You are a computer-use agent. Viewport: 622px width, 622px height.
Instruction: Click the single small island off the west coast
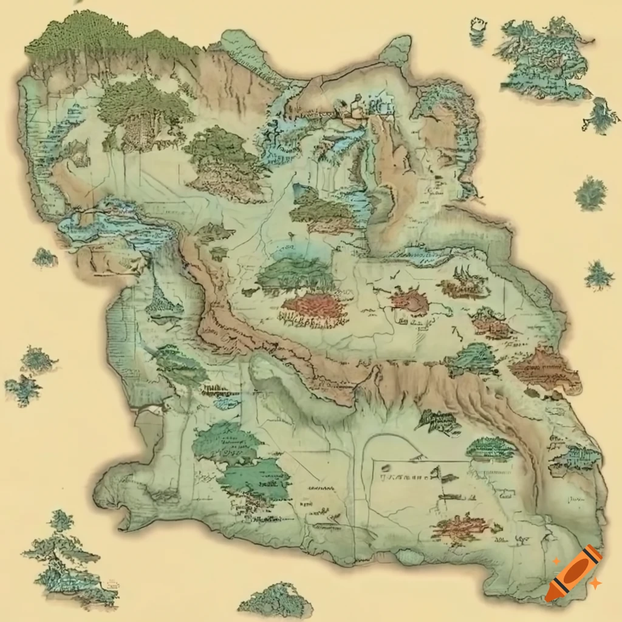(44, 258)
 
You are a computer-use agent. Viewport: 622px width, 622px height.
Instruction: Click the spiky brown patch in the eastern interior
(465, 282)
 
